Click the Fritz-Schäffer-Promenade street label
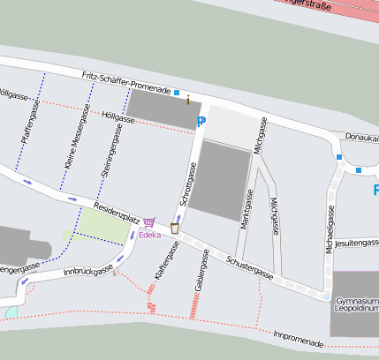coord(125,84)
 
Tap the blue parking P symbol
coord(201,123)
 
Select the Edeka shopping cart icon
coord(148,222)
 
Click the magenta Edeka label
coord(149,235)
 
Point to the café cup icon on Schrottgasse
coord(175,228)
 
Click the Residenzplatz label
coord(117,212)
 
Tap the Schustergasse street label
coord(249,267)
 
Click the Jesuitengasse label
coord(357,242)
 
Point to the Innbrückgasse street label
coord(89,273)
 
